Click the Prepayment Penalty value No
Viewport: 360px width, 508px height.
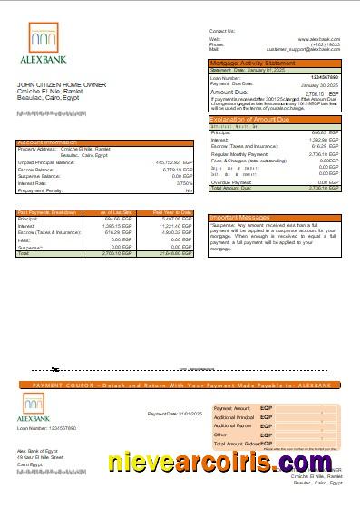189,190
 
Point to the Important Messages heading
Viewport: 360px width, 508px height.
238,218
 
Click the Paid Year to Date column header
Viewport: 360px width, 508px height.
173,212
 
